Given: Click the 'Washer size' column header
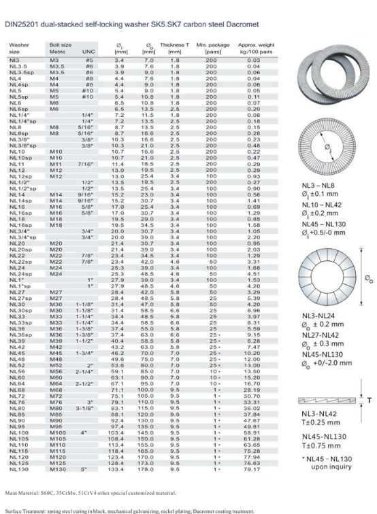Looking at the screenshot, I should [x=20, y=48].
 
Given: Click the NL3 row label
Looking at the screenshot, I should [x=14, y=61].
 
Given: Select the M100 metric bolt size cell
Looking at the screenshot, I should [x=58, y=432].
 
